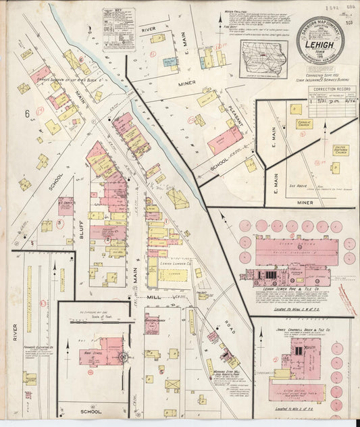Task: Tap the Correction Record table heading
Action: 330,89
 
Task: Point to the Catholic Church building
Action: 302,125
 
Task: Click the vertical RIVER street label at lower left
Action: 16,331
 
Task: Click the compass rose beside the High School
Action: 124,357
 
